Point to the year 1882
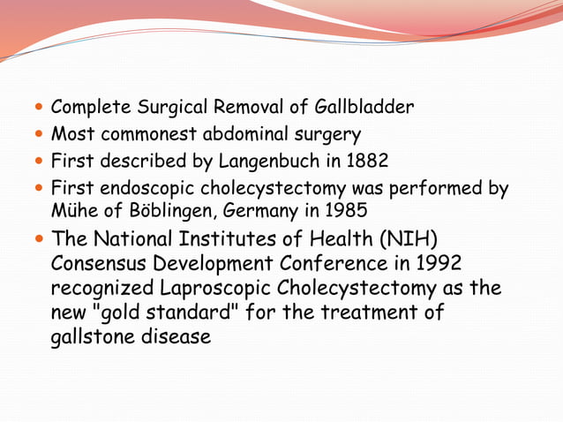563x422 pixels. (342, 162)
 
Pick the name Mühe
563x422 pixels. (71, 212)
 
